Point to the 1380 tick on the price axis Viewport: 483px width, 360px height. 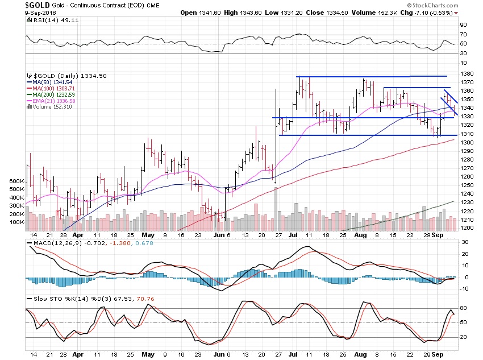[x=468, y=74]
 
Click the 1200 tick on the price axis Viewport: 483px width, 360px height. [x=468, y=228]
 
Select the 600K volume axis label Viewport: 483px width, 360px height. [x=17, y=181]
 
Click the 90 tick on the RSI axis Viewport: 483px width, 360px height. [x=464, y=25]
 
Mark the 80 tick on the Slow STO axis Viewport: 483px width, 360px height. [x=464, y=308]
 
